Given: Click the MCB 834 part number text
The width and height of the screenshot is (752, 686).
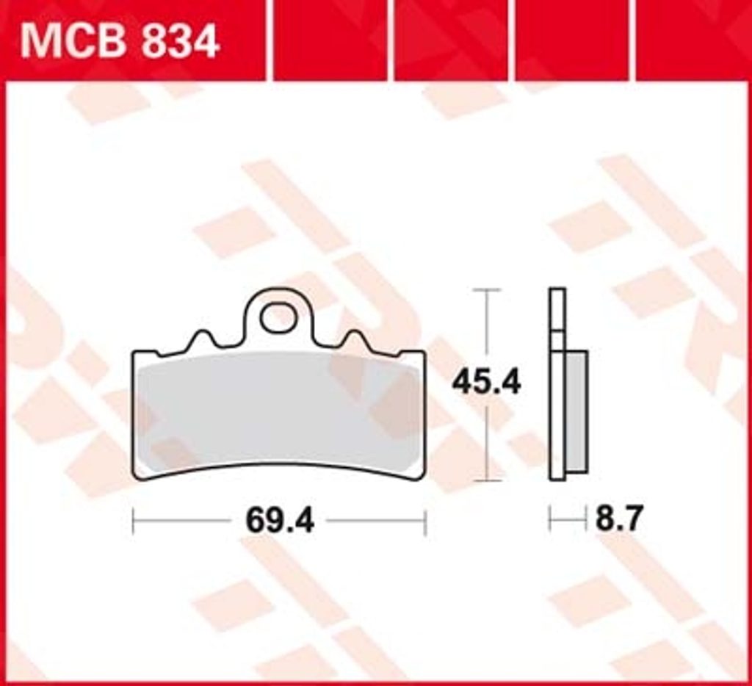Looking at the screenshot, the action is point(120,42).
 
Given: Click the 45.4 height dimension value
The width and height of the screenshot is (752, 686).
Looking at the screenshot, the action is point(486,383).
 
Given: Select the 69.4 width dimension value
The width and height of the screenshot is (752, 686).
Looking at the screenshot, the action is point(280,521).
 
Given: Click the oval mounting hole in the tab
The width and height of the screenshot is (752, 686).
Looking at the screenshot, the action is point(278,317).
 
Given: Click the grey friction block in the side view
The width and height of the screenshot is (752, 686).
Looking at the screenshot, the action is point(576,411).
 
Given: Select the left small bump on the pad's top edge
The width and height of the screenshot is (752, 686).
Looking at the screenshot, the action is point(203,338).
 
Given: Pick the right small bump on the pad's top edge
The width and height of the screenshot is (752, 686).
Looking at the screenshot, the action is point(355,338).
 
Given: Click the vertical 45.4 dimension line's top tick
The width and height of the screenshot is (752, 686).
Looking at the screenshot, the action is point(486,290).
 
